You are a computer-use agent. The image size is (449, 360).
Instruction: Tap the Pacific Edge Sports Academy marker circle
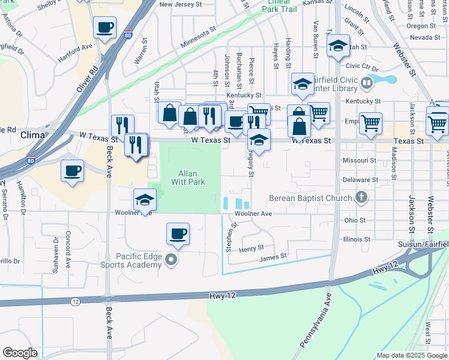tap(172, 260)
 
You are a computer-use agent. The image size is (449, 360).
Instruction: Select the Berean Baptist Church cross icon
tap(361, 197)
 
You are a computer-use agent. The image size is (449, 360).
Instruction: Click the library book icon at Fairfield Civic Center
tap(366, 82)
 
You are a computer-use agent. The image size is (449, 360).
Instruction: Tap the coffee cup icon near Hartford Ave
tap(105, 27)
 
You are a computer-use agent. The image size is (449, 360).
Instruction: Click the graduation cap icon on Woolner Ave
tap(145, 200)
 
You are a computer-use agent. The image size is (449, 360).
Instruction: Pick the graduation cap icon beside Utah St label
tap(338, 45)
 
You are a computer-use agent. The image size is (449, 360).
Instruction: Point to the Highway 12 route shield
tap(74, 301)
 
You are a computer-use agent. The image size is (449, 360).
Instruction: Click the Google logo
tap(20, 353)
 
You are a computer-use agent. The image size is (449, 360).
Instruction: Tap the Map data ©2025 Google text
tap(411, 355)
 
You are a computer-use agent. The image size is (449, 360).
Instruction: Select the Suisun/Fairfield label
tap(423, 245)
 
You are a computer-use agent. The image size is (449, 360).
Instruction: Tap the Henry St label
tap(252, 248)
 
